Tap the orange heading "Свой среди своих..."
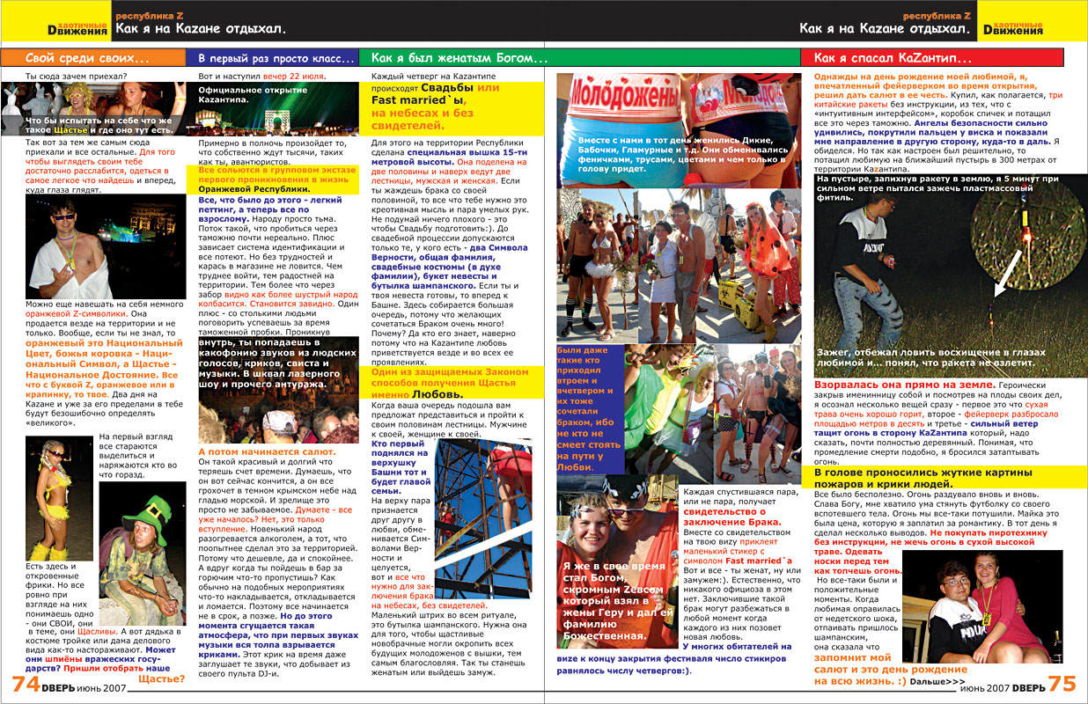click(87, 59)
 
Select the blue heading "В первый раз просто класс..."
click(269, 59)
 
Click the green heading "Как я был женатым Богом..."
click(459, 59)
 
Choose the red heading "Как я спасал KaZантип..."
click(893, 59)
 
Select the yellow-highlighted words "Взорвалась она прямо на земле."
click(905, 385)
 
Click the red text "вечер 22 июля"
click(294, 77)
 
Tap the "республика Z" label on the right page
click(937, 16)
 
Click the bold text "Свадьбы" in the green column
click(447, 89)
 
